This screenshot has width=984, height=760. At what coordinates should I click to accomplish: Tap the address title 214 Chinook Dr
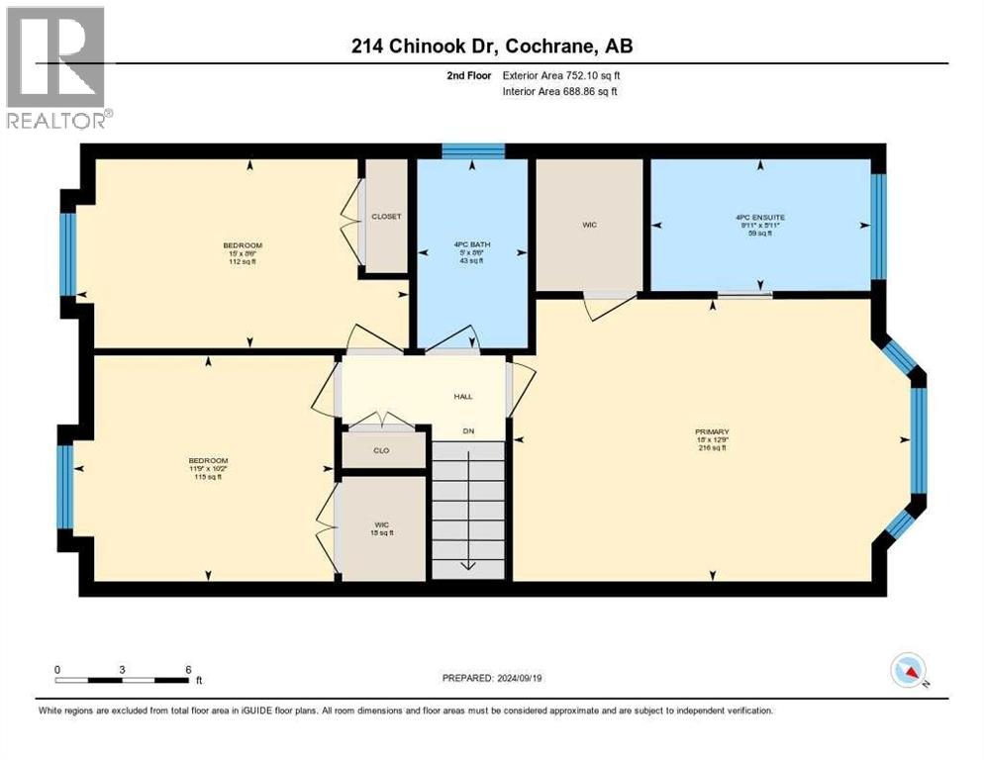[x=491, y=46]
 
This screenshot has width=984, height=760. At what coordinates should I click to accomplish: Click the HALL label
[x=463, y=397]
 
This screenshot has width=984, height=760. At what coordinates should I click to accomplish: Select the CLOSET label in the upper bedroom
[x=386, y=217]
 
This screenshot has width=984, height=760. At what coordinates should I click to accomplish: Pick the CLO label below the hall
[x=381, y=450]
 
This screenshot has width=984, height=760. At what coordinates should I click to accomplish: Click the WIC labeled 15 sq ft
[x=381, y=527]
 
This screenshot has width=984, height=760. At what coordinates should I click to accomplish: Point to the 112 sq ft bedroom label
[x=243, y=252]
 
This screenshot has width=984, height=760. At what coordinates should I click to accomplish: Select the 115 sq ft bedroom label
[x=208, y=468]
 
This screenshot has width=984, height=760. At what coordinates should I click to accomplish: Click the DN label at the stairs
[x=468, y=430]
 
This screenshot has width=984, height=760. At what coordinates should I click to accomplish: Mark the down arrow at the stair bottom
[x=468, y=566]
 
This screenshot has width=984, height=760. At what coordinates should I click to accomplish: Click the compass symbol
[x=909, y=671]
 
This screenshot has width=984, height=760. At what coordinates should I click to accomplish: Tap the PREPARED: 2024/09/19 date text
[x=491, y=679]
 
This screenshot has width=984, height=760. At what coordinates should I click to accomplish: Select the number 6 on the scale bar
[x=187, y=669]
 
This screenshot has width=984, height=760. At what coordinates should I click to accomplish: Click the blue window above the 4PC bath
[x=472, y=151]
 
